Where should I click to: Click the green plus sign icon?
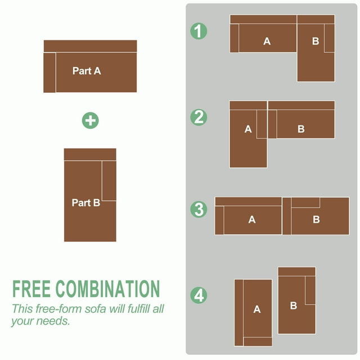90,120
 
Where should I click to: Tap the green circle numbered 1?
199,31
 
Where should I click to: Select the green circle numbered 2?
199,118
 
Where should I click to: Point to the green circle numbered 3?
199,209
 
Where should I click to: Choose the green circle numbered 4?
199,295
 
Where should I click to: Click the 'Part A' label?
87,71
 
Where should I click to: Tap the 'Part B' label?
86,202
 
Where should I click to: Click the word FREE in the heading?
31,289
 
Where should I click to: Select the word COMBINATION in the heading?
107,289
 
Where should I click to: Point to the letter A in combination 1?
267,41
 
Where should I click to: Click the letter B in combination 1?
316,41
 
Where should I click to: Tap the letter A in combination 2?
248,129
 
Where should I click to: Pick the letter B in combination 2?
301,129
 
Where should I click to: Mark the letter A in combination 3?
252,219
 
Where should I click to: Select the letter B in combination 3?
316,219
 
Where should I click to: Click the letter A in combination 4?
257,309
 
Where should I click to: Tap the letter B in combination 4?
294,305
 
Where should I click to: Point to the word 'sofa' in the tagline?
95,309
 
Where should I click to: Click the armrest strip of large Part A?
49,73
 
